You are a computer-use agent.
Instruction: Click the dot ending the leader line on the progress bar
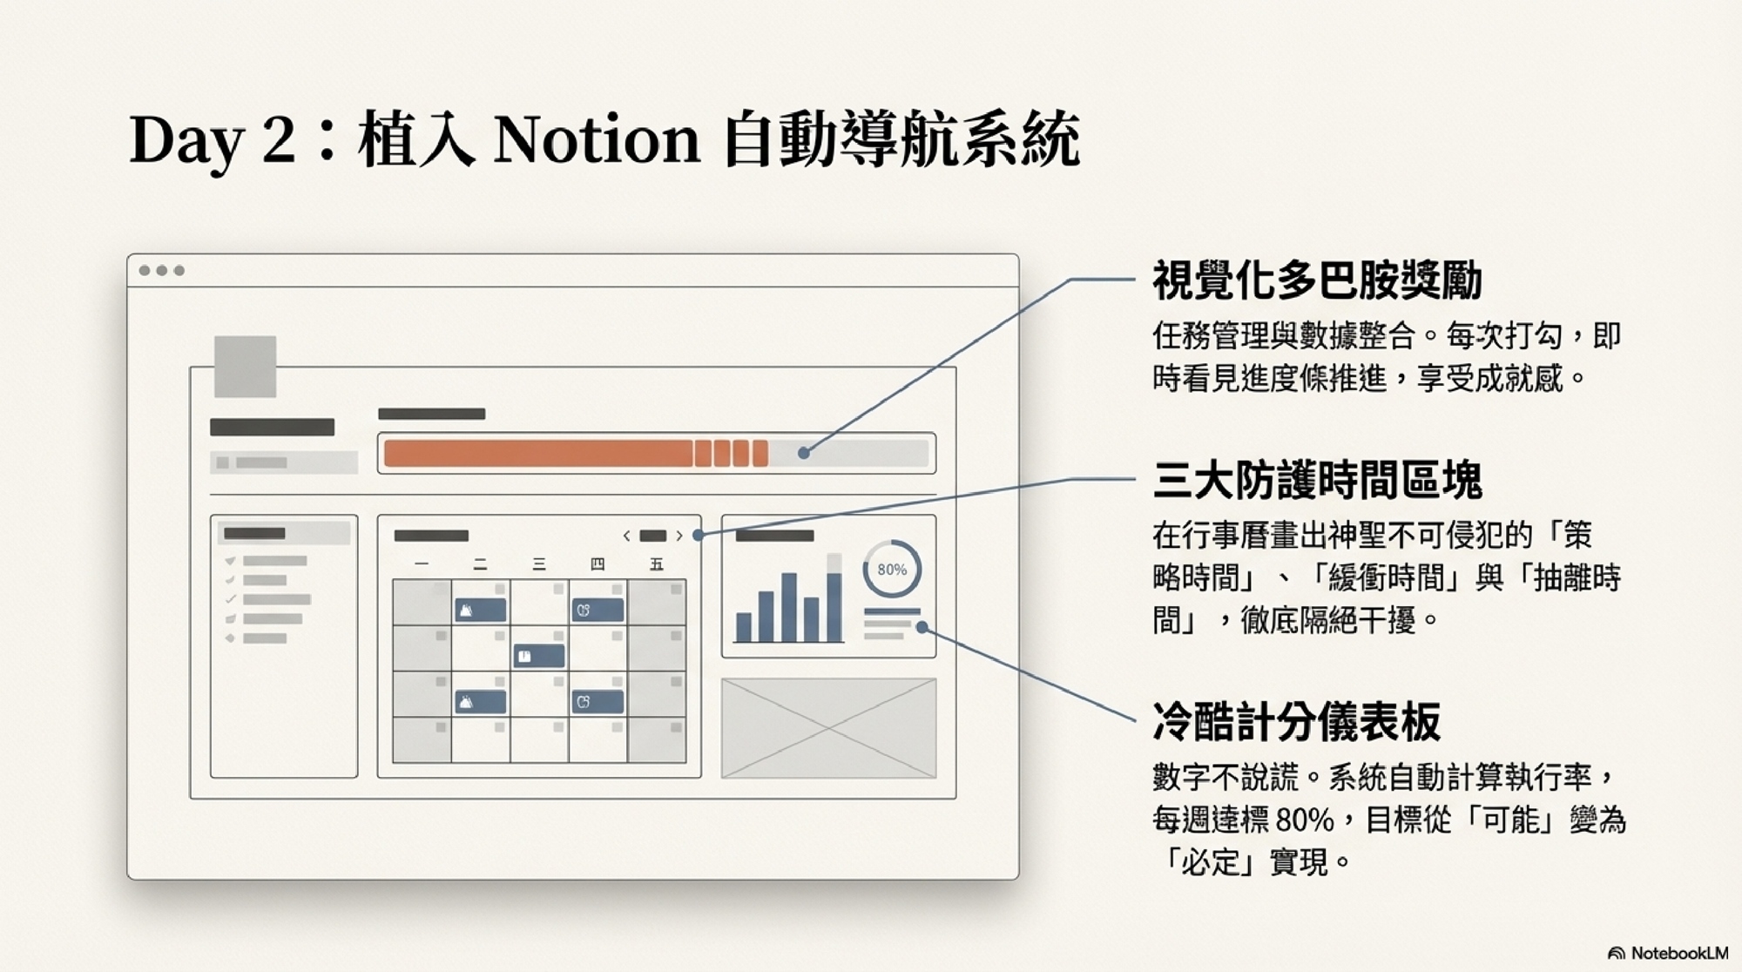(x=803, y=452)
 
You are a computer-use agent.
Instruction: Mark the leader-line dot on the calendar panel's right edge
(x=699, y=535)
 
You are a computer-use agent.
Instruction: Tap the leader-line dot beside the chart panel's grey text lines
(x=922, y=627)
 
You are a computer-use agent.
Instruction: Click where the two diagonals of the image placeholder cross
(x=828, y=727)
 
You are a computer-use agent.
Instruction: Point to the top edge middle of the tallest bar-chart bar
(x=834, y=554)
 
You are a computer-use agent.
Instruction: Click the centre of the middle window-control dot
(x=161, y=270)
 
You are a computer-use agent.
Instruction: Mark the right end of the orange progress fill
(x=767, y=453)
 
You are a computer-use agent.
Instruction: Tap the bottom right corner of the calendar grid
(x=685, y=762)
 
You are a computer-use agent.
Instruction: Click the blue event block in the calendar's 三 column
(x=539, y=656)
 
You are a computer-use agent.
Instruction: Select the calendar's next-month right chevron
(x=679, y=536)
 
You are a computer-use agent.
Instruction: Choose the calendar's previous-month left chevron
(x=626, y=536)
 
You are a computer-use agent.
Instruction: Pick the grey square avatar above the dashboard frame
(x=245, y=367)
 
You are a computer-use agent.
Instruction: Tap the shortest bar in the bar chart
(x=744, y=627)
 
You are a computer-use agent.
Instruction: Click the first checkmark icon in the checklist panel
(x=231, y=561)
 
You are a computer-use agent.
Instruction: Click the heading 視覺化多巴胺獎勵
(x=1317, y=280)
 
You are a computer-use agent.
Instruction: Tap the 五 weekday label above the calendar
(x=657, y=564)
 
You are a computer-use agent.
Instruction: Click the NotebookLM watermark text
(x=1679, y=953)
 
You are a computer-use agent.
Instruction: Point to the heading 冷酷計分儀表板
(x=1296, y=720)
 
